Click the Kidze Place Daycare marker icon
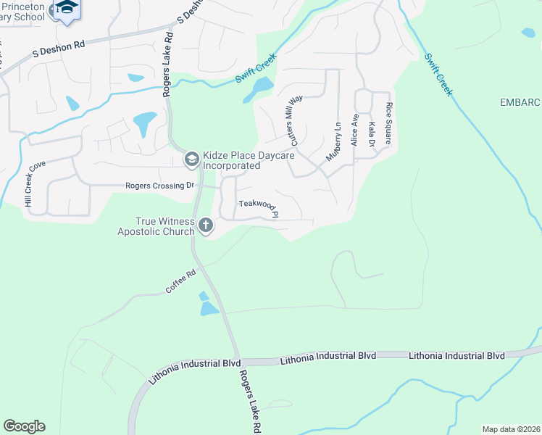coord(191,158)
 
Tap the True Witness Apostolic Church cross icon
coord(206,225)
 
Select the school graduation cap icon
coord(67,7)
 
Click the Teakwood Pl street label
coord(259,208)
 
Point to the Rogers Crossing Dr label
coord(160,186)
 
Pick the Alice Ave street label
coord(355,129)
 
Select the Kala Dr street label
coord(372,134)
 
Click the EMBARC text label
coord(520,103)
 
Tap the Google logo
coord(24,426)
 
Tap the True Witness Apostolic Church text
coord(156,226)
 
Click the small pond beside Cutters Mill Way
coord(259,88)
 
